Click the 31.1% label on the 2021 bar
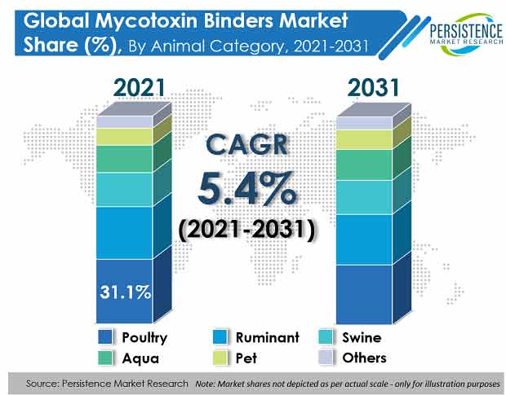(x=125, y=292)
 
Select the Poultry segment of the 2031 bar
(x=364, y=294)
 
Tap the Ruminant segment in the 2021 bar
(x=124, y=233)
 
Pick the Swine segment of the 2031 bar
(x=364, y=197)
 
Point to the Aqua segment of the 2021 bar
(x=124, y=159)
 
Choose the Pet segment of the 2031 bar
(x=364, y=139)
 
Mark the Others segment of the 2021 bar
(x=124, y=121)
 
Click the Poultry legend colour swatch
(x=105, y=336)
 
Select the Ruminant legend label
(x=268, y=337)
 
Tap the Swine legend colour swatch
(x=326, y=336)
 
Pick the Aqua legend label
(x=140, y=358)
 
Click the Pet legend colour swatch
(x=220, y=358)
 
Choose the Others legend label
(x=364, y=358)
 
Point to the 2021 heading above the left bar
(x=140, y=88)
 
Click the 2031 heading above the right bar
(x=373, y=88)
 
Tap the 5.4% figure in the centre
(x=246, y=189)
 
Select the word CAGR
(x=246, y=144)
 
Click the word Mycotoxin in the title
(x=146, y=20)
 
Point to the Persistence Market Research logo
(x=466, y=34)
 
